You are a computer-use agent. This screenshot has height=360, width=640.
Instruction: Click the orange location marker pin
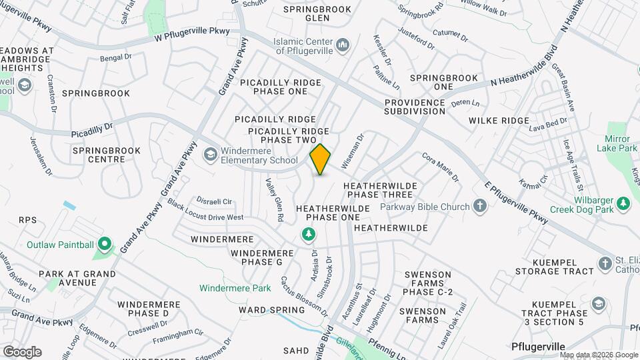pyautogui.click(x=321, y=159)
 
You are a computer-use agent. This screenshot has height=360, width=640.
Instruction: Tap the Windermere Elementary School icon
pyautogui.click(x=211, y=155)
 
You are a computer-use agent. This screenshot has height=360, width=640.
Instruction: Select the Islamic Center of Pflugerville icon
pyautogui.click(x=343, y=45)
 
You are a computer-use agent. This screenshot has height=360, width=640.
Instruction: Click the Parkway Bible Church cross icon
pyautogui.click(x=480, y=206)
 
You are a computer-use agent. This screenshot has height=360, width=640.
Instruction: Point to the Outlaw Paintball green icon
pyautogui.click(x=103, y=245)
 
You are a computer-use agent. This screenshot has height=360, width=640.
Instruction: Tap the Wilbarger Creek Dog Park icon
pyautogui.click(x=623, y=203)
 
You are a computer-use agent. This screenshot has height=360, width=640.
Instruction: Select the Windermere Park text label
pyautogui.click(x=235, y=288)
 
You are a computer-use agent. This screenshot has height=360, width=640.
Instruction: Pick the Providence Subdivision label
pyautogui.click(x=414, y=107)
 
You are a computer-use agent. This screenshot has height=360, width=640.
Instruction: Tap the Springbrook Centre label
pyautogui.click(x=107, y=155)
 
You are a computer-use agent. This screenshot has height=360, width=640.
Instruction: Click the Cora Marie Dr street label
pyautogui.click(x=441, y=167)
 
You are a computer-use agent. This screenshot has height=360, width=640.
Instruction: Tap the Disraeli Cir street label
pyautogui.click(x=213, y=201)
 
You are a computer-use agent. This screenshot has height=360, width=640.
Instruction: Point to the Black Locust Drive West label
pyautogui.click(x=205, y=211)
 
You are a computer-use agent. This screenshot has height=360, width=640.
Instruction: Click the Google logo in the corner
pyautogui.click(x=23, y=351)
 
